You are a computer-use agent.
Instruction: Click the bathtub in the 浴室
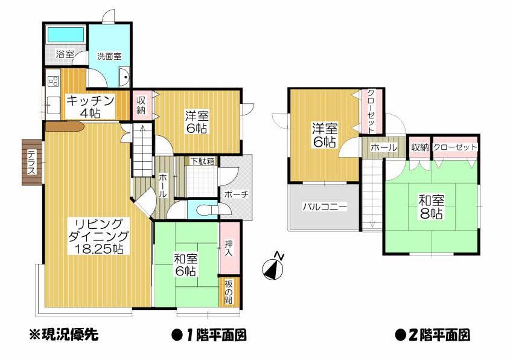click(x=66, y=34)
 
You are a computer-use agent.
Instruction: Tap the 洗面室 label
click(x=109, y=56)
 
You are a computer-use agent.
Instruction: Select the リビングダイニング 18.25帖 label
click(x=97, y=235)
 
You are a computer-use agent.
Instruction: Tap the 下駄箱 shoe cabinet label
click(x=202, y=161)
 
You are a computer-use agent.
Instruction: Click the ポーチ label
click(x=234, y=194)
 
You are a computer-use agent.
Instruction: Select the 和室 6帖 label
click(x=185, y=265)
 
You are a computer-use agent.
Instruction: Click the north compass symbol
click(x=273, y=267)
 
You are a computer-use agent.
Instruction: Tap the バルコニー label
click(x=325, y=207)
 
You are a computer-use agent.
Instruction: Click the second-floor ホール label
click(x=383, y=147)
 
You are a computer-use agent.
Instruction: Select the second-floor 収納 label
click(x=421, y=147)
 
